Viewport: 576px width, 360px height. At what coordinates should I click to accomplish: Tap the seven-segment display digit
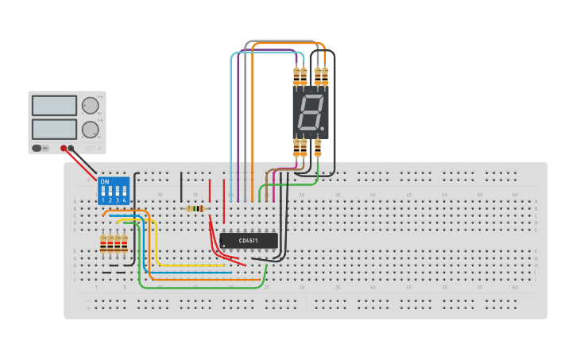pyautogui.click(x=310, y=113)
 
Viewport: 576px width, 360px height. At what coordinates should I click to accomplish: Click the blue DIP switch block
pyautogui.click(x=113, y=191)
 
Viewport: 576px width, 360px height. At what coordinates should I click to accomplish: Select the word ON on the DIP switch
pyautogui.click(x=105, y=182)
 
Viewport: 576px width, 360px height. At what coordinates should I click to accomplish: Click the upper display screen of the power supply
pyautogui.click(x=54, y=105)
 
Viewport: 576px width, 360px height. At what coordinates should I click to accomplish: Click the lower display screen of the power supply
pyautogui.click(x=54, y=129)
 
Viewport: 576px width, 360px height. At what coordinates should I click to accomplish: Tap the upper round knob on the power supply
pyautogui.click(x=91, y=106)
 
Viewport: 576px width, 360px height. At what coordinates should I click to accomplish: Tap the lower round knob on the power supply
pyautogui.click(x=91, y=130)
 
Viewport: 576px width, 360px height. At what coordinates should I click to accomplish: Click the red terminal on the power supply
pyautogui.click(x=64, y=148)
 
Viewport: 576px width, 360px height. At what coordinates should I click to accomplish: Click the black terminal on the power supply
pyautogui.click(x=71, y=148)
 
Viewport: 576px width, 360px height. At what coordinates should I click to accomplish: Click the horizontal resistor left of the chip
pyautogui.click(x=195, y=209)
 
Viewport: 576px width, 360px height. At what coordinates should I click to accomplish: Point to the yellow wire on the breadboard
pyautogui.click(x=156, y=246)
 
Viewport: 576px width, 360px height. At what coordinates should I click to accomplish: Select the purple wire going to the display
pyautogui.click(x=238, y=119)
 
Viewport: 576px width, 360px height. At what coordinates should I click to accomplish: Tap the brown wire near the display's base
pyautogui.click(x=267, y=179)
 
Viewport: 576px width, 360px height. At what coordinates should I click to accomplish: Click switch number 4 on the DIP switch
pyautogui.click(x=124, y=193)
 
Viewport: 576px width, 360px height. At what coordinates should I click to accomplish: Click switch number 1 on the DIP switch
pyautogui.click(x=102, y=193)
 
